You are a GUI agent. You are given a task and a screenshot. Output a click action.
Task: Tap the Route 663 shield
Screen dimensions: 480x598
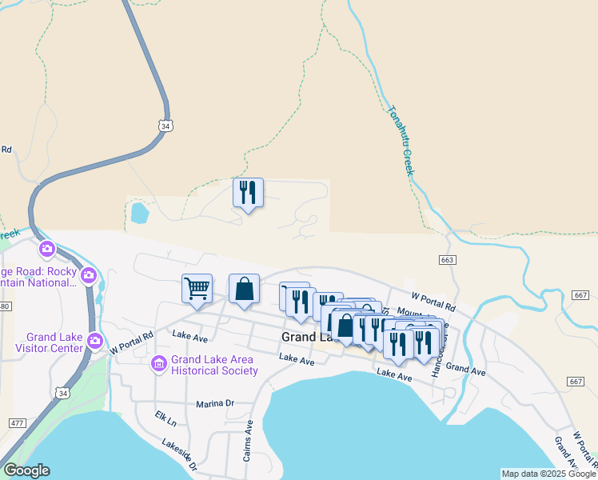pos(447,260)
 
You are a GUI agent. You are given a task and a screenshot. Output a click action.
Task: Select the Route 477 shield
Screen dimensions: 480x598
pos(18,422)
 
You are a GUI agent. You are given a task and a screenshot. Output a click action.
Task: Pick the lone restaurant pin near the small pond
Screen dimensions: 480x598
pos(248,193)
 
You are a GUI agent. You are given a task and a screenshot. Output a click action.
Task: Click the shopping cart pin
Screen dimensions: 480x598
pos(197,289)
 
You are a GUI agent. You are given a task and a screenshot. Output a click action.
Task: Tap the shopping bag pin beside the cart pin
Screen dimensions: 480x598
pos(245,289)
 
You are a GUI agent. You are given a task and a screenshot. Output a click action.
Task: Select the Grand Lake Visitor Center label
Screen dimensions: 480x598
pos(54,342)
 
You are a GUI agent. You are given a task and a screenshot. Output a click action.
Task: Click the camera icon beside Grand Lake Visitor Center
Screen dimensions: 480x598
pos(96,342)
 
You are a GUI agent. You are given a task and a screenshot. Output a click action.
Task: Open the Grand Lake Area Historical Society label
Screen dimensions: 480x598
pos(213,366)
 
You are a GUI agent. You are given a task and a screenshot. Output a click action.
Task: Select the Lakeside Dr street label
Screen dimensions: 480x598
pos(178,454)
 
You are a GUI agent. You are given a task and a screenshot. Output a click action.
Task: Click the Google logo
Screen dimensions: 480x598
pos(26,470)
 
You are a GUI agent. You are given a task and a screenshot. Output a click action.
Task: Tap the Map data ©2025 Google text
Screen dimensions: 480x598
pos(547,474)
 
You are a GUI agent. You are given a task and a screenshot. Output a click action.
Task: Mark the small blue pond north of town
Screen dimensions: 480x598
pos(140,213)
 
